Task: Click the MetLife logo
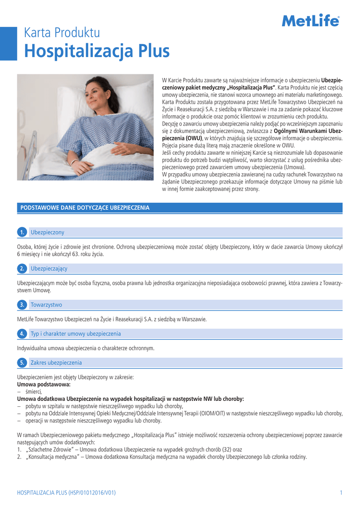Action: (310, 21)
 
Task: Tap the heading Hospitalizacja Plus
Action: (97, 51)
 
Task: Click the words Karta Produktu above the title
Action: (62, 33)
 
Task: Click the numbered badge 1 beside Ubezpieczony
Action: (21, 232)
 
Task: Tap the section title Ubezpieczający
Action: (49, 268)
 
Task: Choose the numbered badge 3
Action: (21, 305)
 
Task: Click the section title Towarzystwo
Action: (46, 305)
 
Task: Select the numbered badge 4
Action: (21, 333)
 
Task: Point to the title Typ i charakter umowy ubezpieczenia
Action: (75, 333)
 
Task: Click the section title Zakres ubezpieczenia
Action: (56, 363)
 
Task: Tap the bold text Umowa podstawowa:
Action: (44, 384)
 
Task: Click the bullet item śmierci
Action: (37, 391)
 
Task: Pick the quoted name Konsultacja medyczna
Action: (55, 457)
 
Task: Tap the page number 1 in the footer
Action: (341, 493)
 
